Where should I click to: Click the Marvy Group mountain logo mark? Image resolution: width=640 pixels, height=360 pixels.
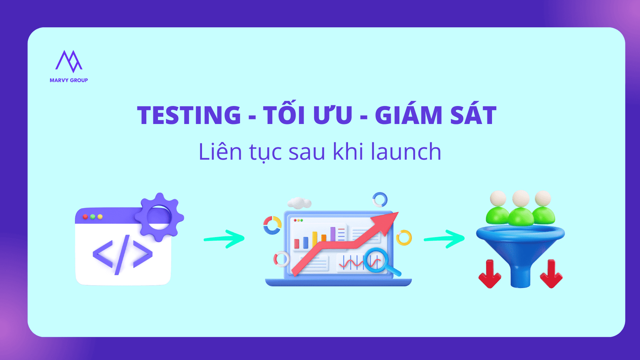(x=68, y=61)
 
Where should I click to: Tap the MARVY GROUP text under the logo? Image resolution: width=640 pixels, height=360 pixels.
(x=69, y=80)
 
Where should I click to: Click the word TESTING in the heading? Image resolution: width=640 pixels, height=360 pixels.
(x=189, y=115)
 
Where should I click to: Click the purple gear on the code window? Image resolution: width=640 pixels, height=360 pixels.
(x=159, y=217)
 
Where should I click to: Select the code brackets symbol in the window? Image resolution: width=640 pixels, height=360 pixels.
(x=122, y=254)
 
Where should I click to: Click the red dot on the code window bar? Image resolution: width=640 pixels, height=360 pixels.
(x=85, y=217)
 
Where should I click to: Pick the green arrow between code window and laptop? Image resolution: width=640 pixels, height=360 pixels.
(x=224, y=239)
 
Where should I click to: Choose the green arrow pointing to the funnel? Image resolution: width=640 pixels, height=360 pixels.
(x=444, y=239)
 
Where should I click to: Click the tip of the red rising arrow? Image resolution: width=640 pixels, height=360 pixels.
(x=398, y=212)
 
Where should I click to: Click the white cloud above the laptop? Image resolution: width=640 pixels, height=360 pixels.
(x=299, y=202)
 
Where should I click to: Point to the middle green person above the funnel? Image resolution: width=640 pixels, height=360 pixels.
(x=520, y=208)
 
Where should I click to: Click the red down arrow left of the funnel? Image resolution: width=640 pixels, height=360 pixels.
(x=490, y=274)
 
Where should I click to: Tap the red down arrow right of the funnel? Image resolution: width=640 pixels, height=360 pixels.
(x=551, y=274)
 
